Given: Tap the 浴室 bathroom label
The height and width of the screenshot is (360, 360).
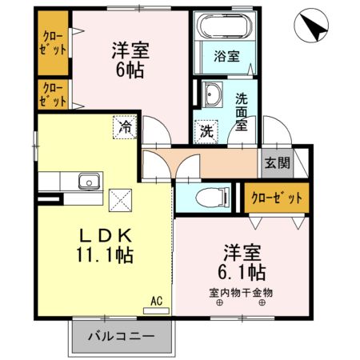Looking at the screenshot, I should click(226, 56).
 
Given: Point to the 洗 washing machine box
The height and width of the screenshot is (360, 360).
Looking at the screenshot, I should click(206, 130).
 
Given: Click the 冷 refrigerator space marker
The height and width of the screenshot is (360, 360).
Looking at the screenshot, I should click(125, 126).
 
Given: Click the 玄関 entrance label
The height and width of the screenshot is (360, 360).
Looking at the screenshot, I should click(277, 163).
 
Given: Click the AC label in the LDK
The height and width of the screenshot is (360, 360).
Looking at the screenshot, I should click(157, 301).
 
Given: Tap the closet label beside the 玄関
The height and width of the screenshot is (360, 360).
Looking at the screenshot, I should click(276, 196).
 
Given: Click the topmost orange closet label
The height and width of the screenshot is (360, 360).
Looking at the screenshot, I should click(53, 42).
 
